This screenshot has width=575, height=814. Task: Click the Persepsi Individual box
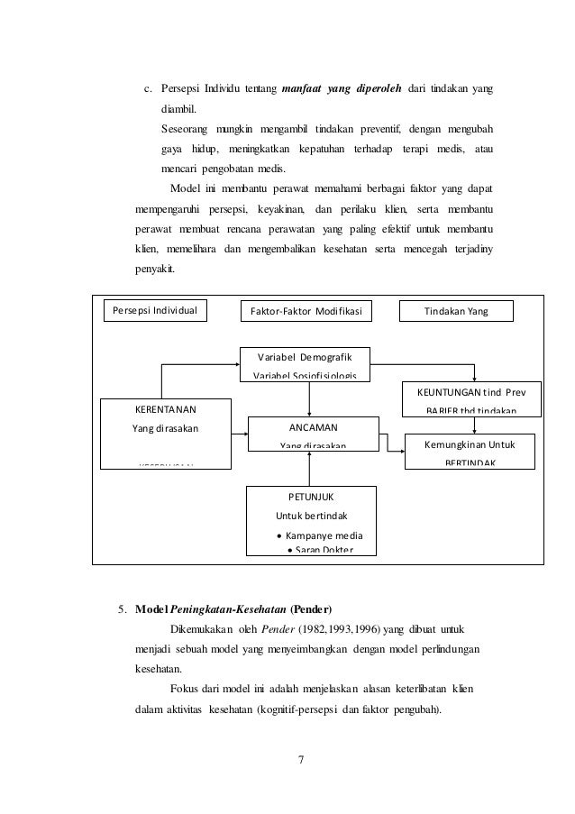coord(154,311)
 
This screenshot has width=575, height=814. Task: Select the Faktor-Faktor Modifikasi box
coord(307,311)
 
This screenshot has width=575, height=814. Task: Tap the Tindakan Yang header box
coord(455,311)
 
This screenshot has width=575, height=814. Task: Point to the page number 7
coord(301,758)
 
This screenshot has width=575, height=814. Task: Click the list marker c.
coord(148,89)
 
